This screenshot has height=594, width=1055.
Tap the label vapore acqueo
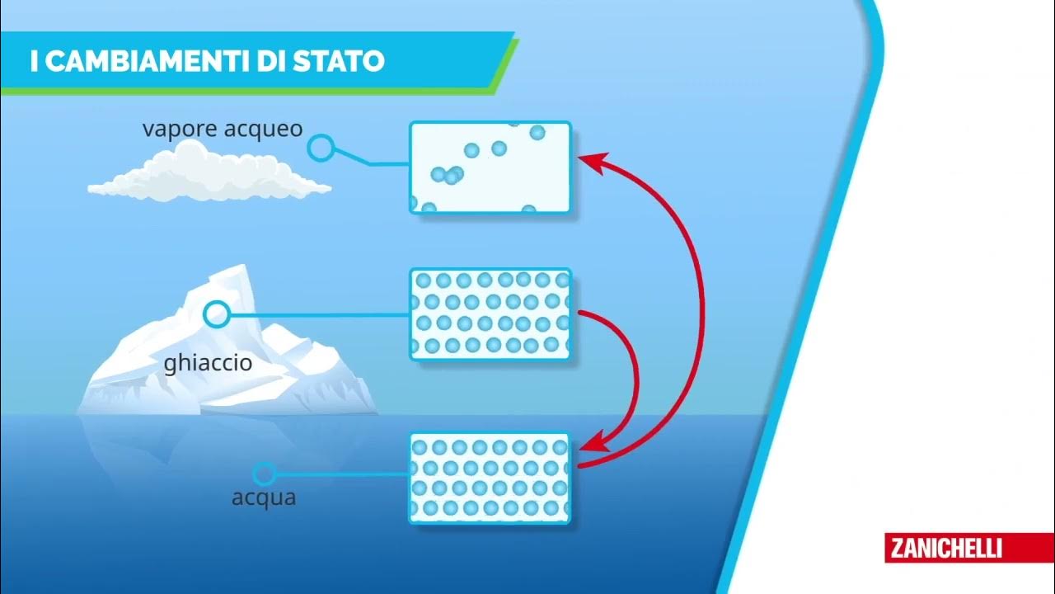(x=223, y=130)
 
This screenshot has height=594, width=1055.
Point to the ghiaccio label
(x=208, y=363)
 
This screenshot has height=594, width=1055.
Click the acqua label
(x=264, y=498)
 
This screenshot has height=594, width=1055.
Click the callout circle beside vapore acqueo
(x=321, y=148)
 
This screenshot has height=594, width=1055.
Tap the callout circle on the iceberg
(x=217, y=313)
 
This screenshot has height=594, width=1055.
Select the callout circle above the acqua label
(x=264, y=474)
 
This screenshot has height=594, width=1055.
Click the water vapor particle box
(x=490, y=167)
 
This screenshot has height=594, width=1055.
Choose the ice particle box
(x=490, y=313)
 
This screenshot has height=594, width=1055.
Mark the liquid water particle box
(x=490, y=478)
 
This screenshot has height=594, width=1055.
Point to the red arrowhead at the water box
(x=591, y=444)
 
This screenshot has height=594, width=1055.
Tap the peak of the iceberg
(x=239, y=269)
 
